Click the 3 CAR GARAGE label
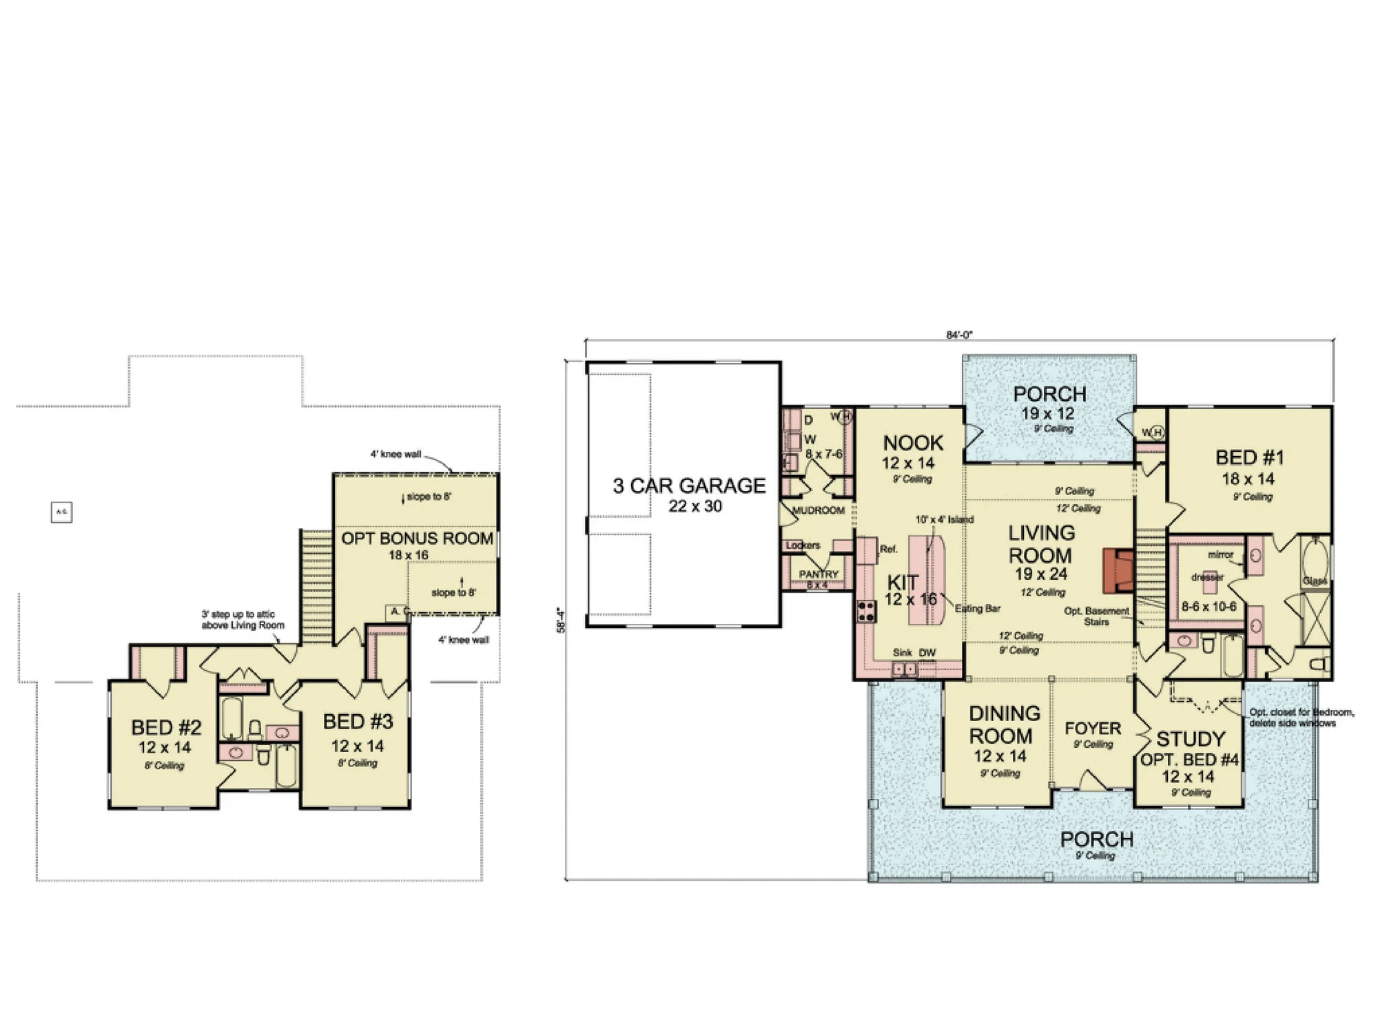[x=689, y=486]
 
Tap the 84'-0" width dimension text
[x=958, y=335]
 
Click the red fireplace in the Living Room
[x=1118, y=571]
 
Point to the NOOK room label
[x=913, y=443]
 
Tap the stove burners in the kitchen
[x=866, y=611]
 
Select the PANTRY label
[x=819, y=574]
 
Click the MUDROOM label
[x=819, y=510]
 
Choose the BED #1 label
[x=1249, y=458]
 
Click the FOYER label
[x=1093, y=729]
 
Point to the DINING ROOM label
[x=1004, y=724]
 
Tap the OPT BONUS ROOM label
[x=418, y=539]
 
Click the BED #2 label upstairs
[x=166, y=727]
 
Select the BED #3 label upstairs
[x=358, y=722]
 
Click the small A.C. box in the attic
[x=61, y=512]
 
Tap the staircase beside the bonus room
[x=317, y=585]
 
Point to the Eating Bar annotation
[x=977, y=609]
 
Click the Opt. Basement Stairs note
[x=1096, y=616]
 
